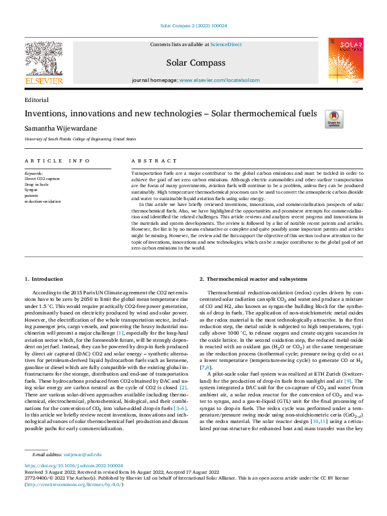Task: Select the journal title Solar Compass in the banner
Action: pyautogui.click(x=196, y=63)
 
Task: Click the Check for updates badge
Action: pyautogui.click(x=352, y=119)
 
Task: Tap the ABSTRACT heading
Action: pyautogui.click(x=153, y=161)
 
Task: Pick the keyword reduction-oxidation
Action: pyautogui.click(x=42, y=201)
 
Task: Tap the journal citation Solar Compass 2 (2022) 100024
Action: pyautogui.click(x=193, y=26)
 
